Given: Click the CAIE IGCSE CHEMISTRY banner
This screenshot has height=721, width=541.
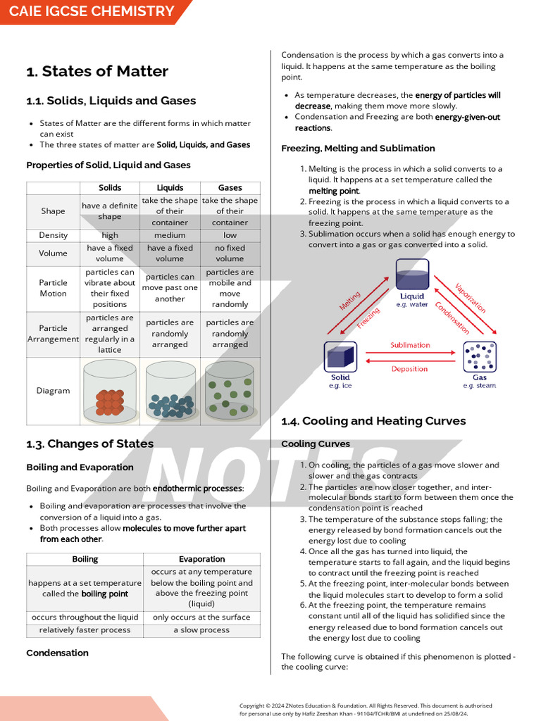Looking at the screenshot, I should pyautogui.click(x=92, y=11).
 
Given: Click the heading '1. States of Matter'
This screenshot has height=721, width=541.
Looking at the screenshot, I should pyautogui.click(x=97, y=71).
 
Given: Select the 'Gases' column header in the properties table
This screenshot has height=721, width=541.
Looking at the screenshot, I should pyautogui.click(x=230, y=188).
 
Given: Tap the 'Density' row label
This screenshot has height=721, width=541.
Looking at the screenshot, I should pyautogui.click(x=54, y=235).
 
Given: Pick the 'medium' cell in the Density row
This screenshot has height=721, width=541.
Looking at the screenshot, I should pyautogui.click(x=170, y=235).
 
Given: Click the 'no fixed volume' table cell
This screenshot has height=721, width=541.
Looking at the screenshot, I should pyautogui.click(x=230, y=253).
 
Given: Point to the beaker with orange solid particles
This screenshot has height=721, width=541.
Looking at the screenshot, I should pyautogui.click(x=109, y=391).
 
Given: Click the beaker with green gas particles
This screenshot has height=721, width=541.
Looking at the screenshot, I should pyautogui.click(x=230, y=391).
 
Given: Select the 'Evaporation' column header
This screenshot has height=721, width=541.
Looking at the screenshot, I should pyautogui.click(x=201, y=559).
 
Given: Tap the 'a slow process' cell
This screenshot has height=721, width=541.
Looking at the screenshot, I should pyautogui.click(x=201, y=630).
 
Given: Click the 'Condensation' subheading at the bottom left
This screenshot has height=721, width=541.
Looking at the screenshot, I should pyautogui.click(x=58, y=653).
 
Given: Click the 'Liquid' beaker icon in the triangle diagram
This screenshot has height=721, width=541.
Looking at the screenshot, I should pyautogui.click(x=412, y=275).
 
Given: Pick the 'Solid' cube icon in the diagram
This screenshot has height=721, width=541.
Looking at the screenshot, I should pyautogui.click(x=340, y=357).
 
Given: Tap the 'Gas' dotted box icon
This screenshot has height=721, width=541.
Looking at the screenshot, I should pyautogui.click(x=480, y=357).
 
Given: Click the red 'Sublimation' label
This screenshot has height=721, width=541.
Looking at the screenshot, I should pyautogui.click(x=410, y=345).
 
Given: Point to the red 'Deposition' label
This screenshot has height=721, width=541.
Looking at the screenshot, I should pyautogui.click(x=410, y=369).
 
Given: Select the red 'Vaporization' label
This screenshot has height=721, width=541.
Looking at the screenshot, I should pyautogui.click(x=471, y=299).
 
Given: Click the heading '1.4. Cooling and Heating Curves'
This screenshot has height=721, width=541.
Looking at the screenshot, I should pyautogui.click(x=373, y=421).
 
